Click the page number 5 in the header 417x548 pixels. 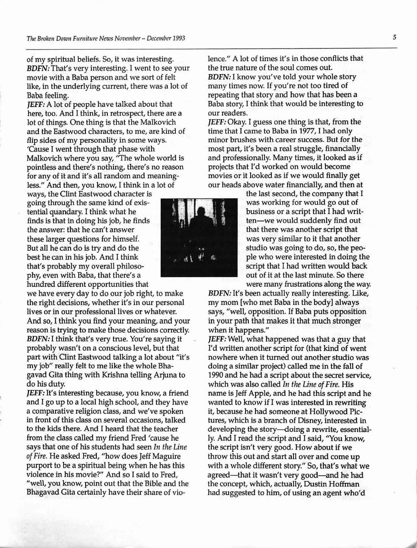[x=394, y=37]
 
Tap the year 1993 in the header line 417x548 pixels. [x=178, y=38]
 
